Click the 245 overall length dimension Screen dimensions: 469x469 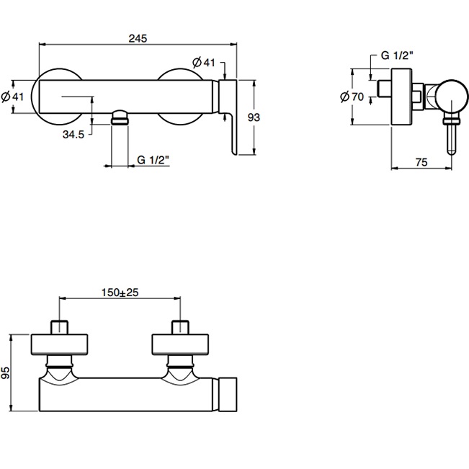pyautogui.click(x=137, y=39)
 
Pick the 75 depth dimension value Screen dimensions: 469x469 pyautogui.click(x=422, y=163)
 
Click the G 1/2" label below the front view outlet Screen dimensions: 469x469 pyautogui.click(x=153, y=159)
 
